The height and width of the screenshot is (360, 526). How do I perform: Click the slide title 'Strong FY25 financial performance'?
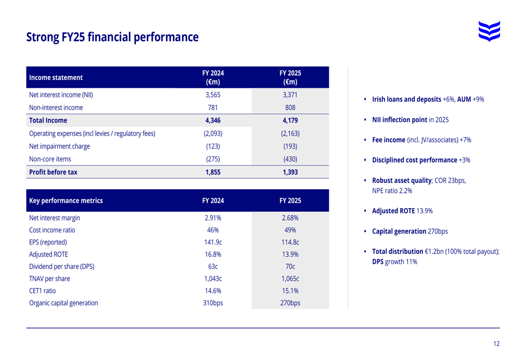[x=112, y=37]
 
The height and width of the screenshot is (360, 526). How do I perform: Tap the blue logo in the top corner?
[x=489, y=30]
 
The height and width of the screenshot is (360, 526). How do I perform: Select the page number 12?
[x=496, y=344]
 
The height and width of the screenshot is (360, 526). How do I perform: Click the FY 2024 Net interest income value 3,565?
[x=213, y=95]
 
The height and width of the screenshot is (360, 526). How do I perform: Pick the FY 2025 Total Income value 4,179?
[x=290, y=120]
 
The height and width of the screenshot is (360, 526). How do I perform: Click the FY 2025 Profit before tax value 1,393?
[x=290, y=172]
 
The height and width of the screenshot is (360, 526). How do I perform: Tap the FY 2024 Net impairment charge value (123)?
[x=213, y=146]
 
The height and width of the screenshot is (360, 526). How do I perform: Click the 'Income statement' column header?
[x=56, y=78]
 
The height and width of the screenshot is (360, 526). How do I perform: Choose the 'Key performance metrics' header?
[x=66, y=201]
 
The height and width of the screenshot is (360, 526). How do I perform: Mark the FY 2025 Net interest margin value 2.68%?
[x=290, y=218]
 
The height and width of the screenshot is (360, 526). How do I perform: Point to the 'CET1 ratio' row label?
[x=42, y=291]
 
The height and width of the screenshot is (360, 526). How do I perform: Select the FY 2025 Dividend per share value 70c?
[x=290, y=266]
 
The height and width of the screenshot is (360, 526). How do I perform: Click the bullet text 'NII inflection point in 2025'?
[x=410, y=119]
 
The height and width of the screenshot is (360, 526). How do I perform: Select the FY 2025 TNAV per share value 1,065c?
[x=290, y=279]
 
